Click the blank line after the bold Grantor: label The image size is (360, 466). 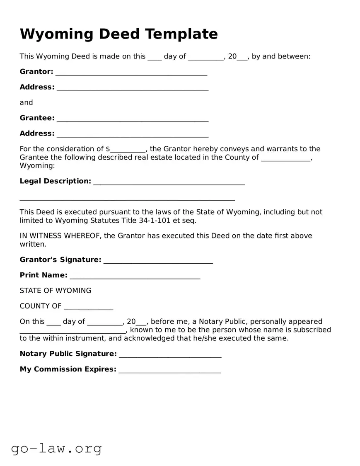tap(131, 72)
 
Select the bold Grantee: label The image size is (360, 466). tap(37, 118)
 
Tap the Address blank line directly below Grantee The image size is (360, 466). tap(133, 134)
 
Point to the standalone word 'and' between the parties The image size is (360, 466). tap(26, 102)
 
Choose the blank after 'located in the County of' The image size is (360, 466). tap(286, 158)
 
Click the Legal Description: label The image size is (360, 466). tap(55, 181)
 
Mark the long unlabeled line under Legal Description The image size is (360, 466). tap(127, 197)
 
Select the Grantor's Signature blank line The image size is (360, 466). tap(158, 260)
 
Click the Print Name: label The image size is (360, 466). tap(43, 275)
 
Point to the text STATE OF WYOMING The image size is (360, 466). tap(56, 291)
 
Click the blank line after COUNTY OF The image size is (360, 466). tap(88, 307)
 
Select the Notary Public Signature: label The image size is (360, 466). tap(68, 354)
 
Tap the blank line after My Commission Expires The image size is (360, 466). tap(169, 370)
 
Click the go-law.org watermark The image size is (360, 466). tap(56, 448)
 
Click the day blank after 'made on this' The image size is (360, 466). tap(155, 57)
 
